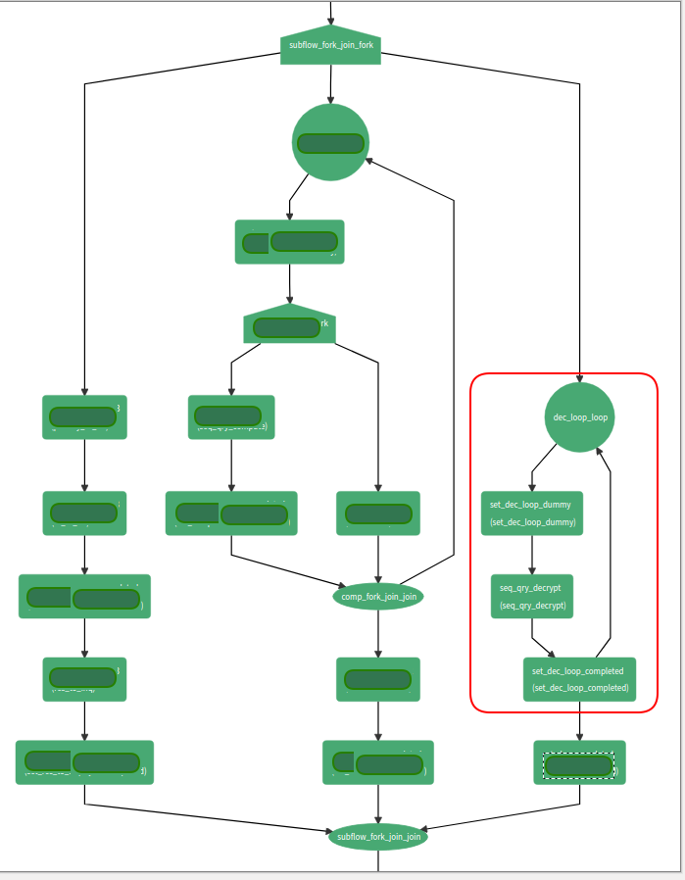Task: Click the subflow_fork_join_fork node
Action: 330,45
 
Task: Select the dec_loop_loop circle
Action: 580,416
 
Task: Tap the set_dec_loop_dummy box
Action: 532,513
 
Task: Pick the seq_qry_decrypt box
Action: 532,596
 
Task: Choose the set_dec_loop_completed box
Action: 579,679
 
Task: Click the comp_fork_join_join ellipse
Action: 378,596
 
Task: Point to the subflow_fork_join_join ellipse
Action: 378,837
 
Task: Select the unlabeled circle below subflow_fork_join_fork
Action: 331,142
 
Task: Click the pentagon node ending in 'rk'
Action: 289,324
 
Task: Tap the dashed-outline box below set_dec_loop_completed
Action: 579,762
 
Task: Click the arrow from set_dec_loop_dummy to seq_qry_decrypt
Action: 532,554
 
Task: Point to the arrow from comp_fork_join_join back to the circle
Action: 454,392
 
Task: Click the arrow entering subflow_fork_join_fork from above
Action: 331,12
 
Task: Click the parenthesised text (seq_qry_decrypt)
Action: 532,606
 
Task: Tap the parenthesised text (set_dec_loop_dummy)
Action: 532,522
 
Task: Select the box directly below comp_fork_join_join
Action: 378,679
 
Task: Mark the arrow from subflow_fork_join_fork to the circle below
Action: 331,84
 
